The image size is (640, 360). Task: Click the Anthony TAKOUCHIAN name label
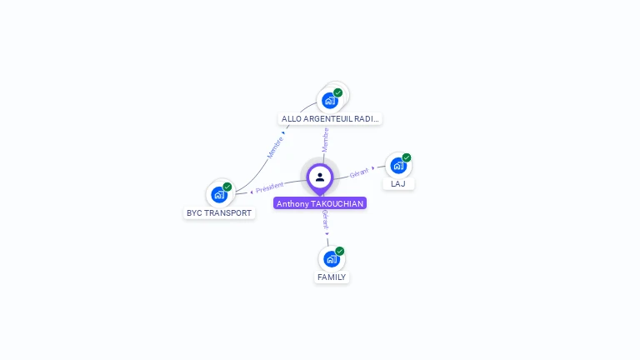click(320, 203)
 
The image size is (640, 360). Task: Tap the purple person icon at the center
click(320, 177)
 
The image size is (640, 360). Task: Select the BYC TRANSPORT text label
click(219, 213)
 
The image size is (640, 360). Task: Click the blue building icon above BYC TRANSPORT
click(219, 195)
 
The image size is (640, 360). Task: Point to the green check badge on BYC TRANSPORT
click(227, 187)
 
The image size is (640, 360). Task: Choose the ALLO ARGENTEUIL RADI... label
click(330, 118)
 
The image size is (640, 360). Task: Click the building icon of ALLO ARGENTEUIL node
click(330, 101)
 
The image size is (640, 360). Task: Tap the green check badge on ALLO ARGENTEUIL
click(338, 92)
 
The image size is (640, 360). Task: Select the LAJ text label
click(398, 183)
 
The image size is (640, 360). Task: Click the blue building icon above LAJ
click(398, 165)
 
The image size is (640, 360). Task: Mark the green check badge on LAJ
click(407, 157)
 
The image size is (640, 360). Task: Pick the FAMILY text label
click(332, 277)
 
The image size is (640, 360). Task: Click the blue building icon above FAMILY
click(332, 258)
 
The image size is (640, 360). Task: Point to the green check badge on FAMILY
click(340, 251)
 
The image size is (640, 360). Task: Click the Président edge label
click(269, 187)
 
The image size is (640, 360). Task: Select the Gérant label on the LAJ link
click(359, 172)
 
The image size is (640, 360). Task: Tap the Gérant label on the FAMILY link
click(325, 220)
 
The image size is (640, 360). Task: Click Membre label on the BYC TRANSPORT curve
click(276, 147)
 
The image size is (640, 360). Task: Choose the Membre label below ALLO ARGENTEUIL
click(326, 138)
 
